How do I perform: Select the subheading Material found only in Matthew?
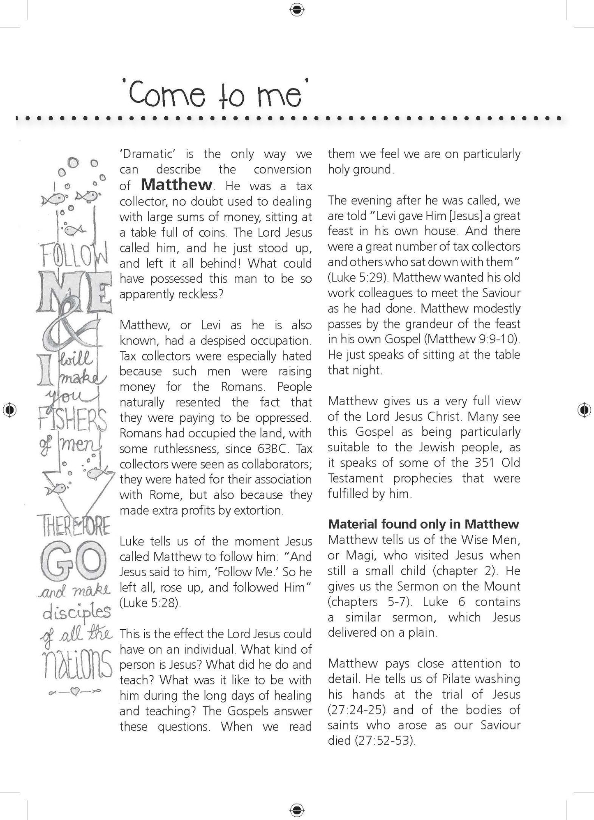coord(423,524)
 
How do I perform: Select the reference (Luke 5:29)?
coord(358,277)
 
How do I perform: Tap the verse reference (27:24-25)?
coord(357,710)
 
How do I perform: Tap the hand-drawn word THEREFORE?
coord(76,527)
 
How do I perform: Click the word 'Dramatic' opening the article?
coord(146,154)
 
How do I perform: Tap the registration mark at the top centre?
coord(296,9)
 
